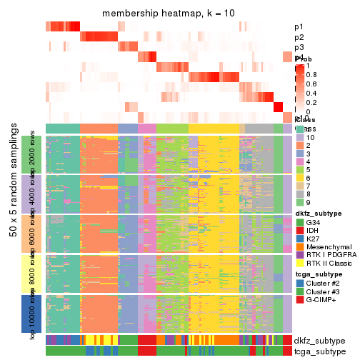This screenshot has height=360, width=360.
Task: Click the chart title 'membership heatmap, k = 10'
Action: click(x=169, y=14)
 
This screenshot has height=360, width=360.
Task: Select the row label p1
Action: click(x=299, y=26)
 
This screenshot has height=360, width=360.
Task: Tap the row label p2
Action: click(x=299, y=37)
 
